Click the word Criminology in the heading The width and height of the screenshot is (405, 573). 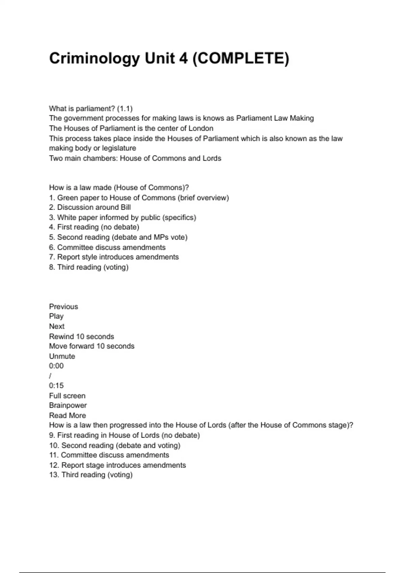click(94, 58)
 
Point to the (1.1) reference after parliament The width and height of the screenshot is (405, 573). click(125, 109)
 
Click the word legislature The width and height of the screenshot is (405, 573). click(119, 148)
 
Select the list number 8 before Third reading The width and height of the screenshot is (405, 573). click(52, 267)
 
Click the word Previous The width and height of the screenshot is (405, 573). click(63, 307)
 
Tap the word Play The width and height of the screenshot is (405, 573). click(56, 316)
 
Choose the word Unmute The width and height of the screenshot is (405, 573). click(62, 356)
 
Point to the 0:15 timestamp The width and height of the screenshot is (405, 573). click(56, 386)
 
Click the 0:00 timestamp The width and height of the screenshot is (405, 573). click(56, 366)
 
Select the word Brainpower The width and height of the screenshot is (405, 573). click(68, 405)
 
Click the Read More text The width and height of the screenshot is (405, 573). click(67, 416)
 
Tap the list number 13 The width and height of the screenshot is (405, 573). click(54, 475)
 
